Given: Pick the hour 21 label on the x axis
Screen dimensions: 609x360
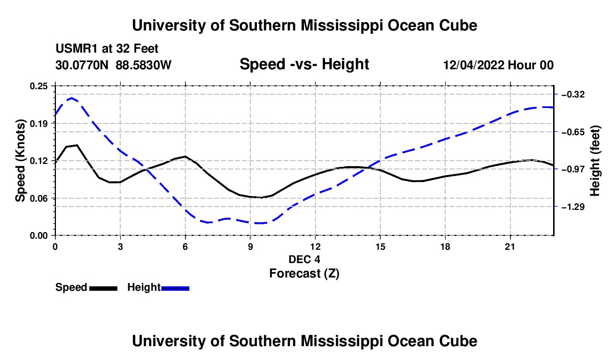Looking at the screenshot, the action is tap(510, 246).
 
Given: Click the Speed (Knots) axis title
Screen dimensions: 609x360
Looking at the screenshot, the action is tap(20, 161).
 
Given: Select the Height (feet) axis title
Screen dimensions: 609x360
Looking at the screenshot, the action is tap(595, 161).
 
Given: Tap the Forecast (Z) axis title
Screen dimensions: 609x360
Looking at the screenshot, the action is tap(304, 274).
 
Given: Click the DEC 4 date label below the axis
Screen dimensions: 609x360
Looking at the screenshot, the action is tap(304, 259).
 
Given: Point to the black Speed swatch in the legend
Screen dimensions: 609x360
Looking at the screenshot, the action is tap(104, 289).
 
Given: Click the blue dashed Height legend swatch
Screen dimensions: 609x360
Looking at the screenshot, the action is tap(175, 289).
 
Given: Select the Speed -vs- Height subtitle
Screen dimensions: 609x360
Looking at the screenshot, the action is tap(304, 64).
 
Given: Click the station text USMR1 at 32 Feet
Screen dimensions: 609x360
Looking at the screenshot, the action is tap(107, 49).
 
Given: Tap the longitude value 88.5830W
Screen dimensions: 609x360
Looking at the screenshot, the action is tap(143, 65).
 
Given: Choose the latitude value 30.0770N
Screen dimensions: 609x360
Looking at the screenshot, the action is tap(82, 65).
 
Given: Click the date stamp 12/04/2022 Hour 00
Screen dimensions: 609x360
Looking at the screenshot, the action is tap(498, 65).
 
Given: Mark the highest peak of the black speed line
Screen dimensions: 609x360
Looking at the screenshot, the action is tap(77, 145).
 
